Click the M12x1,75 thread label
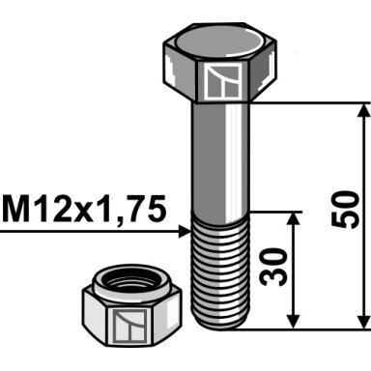84,210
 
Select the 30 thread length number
273,267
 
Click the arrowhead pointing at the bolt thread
185,232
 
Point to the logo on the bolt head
224,81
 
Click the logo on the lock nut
130,327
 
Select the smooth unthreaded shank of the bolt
220,157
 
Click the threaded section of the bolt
220,271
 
